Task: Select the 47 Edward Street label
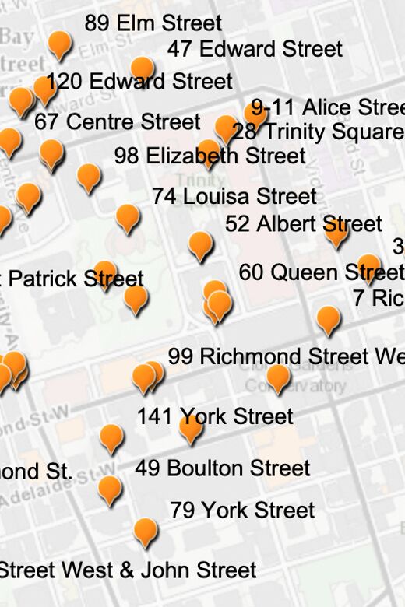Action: point(255,49)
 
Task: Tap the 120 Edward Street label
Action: point(139,82)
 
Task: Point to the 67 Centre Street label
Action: point(118,122)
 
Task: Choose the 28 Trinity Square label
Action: point(319,132)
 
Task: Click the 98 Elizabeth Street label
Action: point(210,156)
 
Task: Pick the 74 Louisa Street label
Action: point(234,196)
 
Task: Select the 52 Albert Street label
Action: point(304,224)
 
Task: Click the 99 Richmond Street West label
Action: point(286,356)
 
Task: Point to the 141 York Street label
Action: point(215,416)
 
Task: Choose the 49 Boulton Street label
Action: point(223,468)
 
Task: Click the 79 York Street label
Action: point(242,511)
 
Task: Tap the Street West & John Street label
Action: point(128,570)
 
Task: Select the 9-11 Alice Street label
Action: point(328,107)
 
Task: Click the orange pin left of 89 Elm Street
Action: point(60,44)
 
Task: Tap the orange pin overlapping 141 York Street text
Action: point(191,426)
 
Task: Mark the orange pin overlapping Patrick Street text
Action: point(105,273)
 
